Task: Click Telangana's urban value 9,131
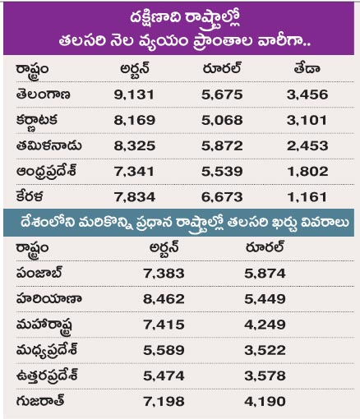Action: click(134, 94)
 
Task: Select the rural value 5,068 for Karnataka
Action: click(222, 120)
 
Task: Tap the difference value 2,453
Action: click(307, 145)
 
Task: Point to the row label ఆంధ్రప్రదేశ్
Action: click(46, 172)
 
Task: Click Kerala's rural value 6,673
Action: click(222, 197)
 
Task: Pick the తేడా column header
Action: click(307, 68)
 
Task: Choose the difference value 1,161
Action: click(307, 197)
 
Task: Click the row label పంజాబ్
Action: click(39, 273)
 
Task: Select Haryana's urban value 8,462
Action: click(164, 299)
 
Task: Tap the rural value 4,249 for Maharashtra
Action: click(265, 325)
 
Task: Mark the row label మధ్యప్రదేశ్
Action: click(47, 351)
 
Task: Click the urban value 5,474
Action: click(164, 376)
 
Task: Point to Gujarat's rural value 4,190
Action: click(265, 402)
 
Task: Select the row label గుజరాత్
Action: click(40, 401)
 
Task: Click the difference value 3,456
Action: click(307, 94)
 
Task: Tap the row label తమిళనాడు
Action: click(48, 145)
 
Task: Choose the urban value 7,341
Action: click(134, 172)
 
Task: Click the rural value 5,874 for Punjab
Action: click(265, 274)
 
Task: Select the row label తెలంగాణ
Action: click(43, 94)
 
